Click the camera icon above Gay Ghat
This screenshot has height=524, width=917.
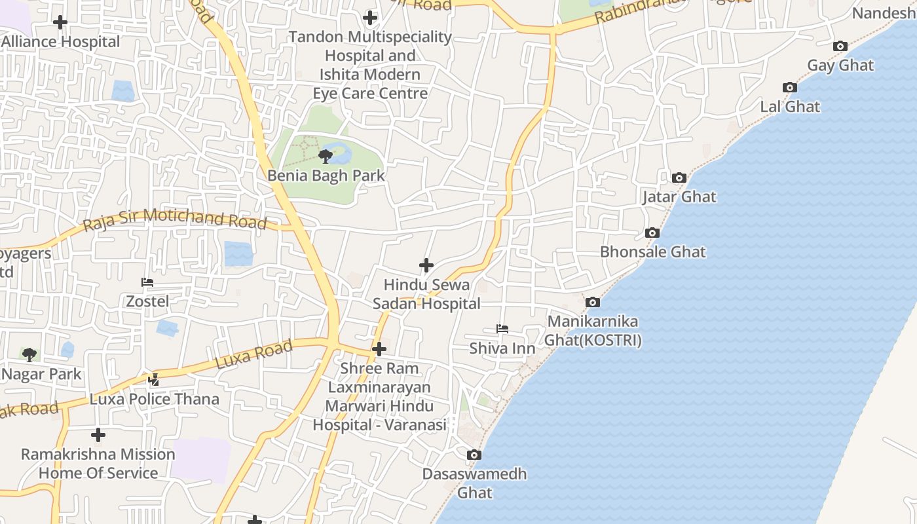tap(840, 46)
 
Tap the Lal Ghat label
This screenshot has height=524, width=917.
tap(790, 106)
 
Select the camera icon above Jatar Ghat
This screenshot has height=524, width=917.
tap(679, 178)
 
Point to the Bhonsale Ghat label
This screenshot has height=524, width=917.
tap(653, 252)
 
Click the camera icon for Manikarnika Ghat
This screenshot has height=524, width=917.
tap(592, 302)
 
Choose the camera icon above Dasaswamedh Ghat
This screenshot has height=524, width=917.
tap(474, 455)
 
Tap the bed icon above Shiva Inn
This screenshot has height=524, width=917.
tap(502, 328)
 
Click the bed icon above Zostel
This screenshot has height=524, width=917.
tap(147, 282)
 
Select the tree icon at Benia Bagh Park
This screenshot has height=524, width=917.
tap(325, 156)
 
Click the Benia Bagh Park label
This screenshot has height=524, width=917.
tap(326, 176)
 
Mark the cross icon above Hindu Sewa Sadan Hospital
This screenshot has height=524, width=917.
tap(426, 265)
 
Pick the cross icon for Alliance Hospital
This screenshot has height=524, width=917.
tap(60, 22)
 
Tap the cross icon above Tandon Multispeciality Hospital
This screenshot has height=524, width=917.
tap(370, 18)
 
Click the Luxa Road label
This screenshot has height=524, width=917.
tap(254, 355)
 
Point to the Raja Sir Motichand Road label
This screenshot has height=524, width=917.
tap(175, 219)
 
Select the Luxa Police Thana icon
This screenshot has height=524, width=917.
tap(154, 379)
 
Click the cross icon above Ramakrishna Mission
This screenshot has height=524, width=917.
tap(98, 434)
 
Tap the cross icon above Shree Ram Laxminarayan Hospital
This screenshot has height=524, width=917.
tap(379, 349)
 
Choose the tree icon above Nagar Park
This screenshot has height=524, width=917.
tap(29, 355)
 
